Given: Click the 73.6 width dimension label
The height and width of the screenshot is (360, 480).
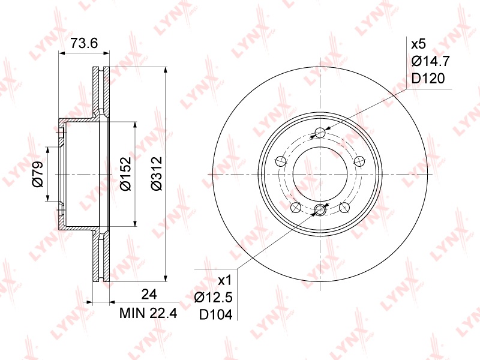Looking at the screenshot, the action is pyautogui.click(x=84, y=43).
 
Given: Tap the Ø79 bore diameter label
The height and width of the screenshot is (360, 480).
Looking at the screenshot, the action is pyautogui.click(x=38, y=174).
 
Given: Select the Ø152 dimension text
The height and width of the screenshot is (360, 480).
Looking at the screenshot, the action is pyautogui.click(x=126, y=173).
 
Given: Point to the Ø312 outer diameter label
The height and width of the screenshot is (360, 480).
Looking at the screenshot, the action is pyautogui.click(x=157, y=173).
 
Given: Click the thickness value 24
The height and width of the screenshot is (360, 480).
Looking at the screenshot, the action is pyautogui.click(x=149, y=294).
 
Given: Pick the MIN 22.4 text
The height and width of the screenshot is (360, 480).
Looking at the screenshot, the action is pyautogui.click(x=148, y=313).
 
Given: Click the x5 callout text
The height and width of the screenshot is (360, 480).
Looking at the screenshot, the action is pyautogui.click(x=418, y=44).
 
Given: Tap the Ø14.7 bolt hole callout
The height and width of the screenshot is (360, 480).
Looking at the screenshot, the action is pyautogui.click(x=430, y=61).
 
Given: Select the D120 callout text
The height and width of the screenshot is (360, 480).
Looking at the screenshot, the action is pyautogui.click(x=428, y=79).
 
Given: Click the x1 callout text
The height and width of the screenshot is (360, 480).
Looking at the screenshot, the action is pyautogui.click(x=225, y=281).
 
